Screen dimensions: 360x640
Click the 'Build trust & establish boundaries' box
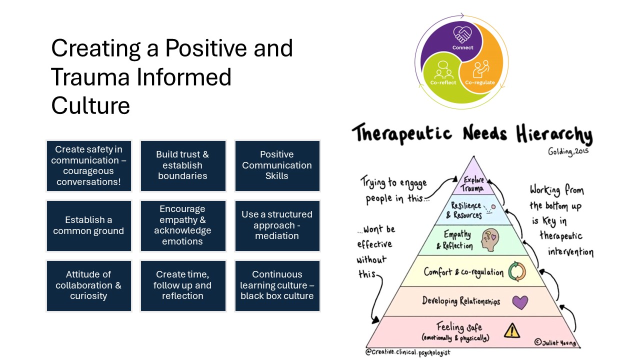click(x=182, y=165)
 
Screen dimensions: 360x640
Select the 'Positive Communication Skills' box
click(x=277, y=165)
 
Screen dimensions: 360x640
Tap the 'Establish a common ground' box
click(x=88, y=225)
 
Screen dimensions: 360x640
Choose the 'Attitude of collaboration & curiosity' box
click(x=88, y=285)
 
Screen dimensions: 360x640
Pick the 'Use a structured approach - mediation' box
click(x=277, y=225)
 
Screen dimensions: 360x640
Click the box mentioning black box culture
click(x=277, y=285)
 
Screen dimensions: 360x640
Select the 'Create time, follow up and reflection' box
click(x=182, y=285)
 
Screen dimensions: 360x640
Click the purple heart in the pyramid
click(x=520, y=302)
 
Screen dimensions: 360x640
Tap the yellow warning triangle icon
click(x=511, y=330)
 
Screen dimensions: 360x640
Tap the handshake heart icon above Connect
click(x=462, y=34)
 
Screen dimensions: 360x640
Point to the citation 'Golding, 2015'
click(x=568, y=150)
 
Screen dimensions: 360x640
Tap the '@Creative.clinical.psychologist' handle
click(x=407, y=352)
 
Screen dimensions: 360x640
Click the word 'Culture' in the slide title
click(x=90, y=105)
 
